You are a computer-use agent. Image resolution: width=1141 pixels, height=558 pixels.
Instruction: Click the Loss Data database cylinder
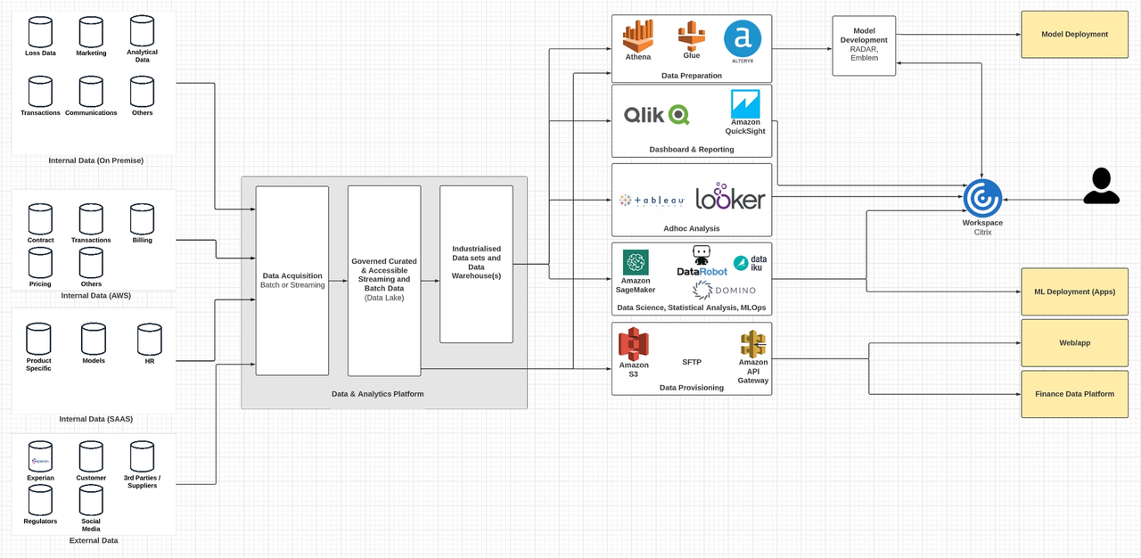40,32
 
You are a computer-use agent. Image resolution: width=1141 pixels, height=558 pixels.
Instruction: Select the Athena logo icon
637,37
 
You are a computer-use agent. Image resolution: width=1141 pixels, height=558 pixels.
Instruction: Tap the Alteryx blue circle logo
742,39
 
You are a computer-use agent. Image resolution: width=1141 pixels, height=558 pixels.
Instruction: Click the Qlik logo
656,114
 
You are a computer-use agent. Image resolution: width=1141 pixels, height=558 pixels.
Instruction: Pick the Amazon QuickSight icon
745,103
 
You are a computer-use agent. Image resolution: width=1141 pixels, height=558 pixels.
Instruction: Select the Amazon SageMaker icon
636,262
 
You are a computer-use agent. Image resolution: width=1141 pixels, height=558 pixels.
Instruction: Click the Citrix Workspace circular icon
982,198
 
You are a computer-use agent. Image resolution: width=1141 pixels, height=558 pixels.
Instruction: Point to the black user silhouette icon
1102,185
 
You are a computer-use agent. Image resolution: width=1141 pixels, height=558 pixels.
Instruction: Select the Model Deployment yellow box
1074,35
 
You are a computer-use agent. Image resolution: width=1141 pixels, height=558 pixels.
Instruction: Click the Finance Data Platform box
1074,394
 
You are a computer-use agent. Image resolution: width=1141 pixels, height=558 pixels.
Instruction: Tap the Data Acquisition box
292,281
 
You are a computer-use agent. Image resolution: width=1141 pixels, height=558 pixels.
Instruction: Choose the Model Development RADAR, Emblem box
864,45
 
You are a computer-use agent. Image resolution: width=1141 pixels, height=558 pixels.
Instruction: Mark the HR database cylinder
149,340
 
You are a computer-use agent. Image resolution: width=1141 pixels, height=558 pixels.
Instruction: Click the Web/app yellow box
1074,342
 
